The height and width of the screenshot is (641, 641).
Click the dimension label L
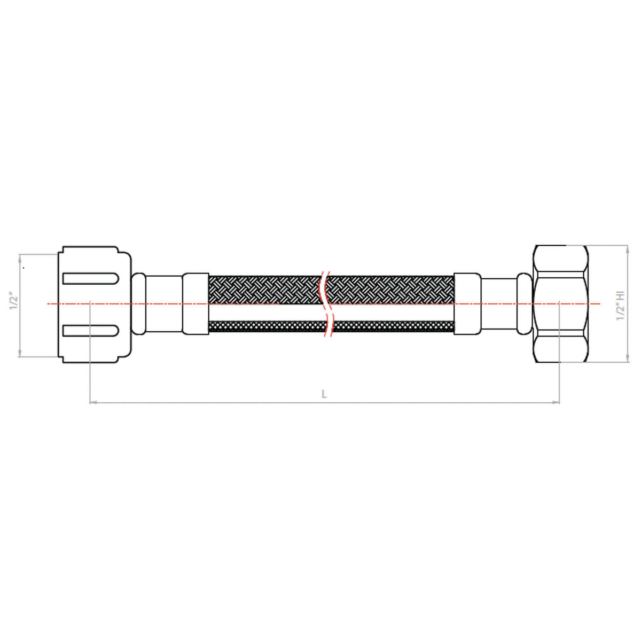pyautogui.click(x=324, y=394)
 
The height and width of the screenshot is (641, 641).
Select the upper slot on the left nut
pyautogui.click(x=90, y=278)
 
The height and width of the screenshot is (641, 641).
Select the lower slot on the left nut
pyautogui.click(x=90, y=331)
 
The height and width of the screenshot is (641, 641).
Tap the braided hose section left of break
pyautogui.click(x=264, y=289)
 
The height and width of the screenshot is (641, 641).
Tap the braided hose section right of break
pyautogui.click(x=390, y=289)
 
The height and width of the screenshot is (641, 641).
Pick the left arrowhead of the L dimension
pyautogui.click(x=92, y=402)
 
